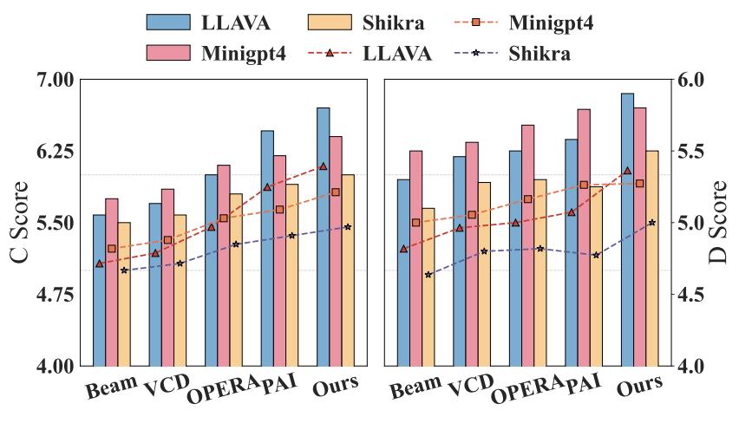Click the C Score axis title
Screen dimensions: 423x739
click(19, 223)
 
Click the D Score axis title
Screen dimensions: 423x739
click(719, 223)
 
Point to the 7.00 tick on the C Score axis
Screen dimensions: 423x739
click(51, 80)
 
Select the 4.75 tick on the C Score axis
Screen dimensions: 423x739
click(51, 295)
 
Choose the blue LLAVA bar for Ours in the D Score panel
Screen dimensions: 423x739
click(627, 229)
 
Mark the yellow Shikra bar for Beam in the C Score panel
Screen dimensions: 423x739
click(124, 294)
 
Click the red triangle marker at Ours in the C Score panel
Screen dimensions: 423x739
click(324, 166)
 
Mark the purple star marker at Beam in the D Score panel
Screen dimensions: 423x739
click(428, 275)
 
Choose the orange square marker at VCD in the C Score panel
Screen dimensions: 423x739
click(167, 240)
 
